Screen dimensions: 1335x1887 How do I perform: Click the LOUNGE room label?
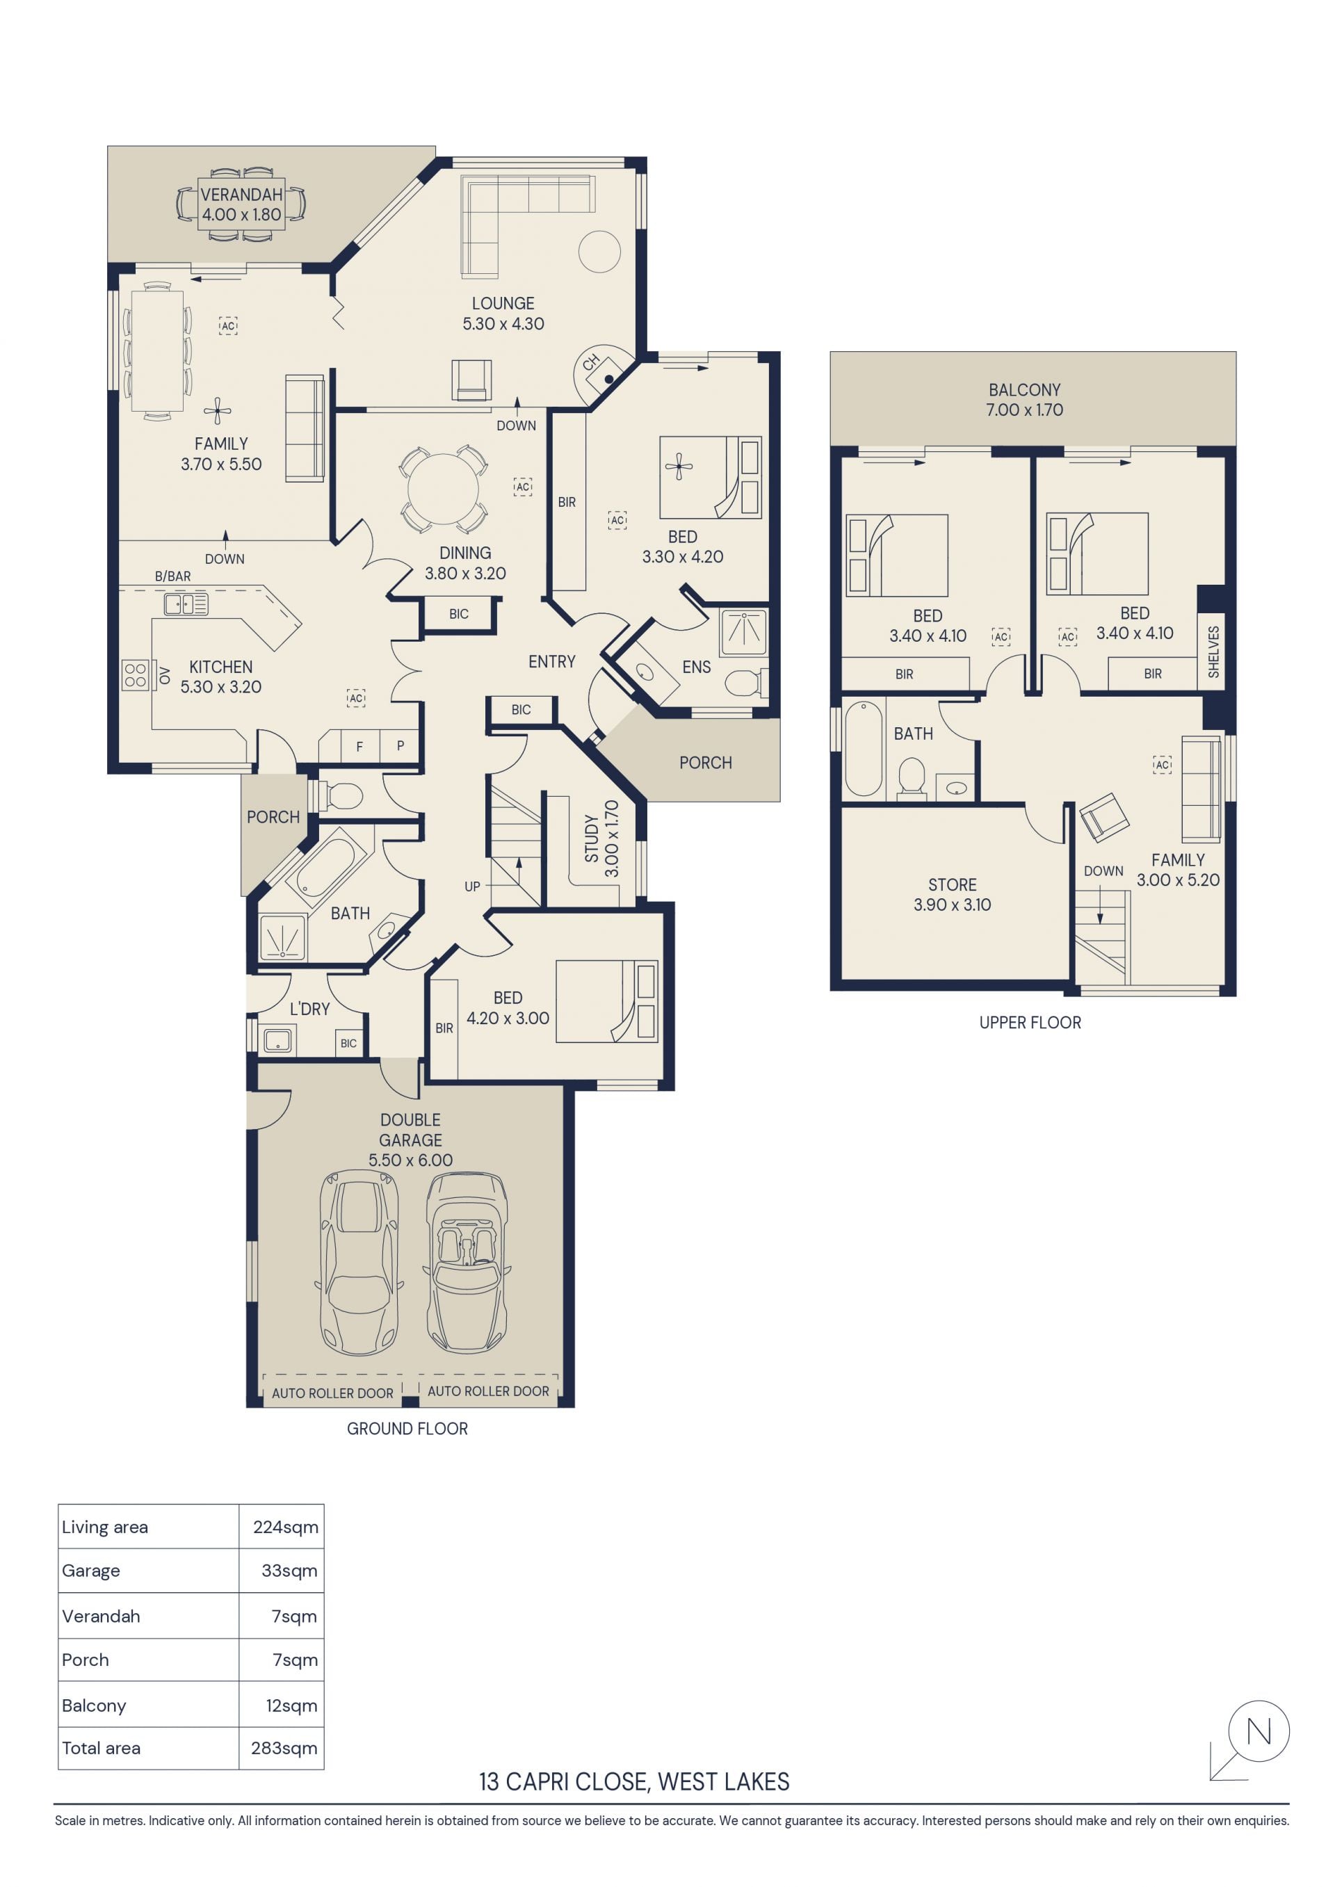click(x=503, y=303)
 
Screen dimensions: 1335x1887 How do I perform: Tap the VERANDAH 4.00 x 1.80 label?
click(x=242, y=204)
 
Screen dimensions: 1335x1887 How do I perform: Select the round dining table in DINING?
click(x=443, y=488)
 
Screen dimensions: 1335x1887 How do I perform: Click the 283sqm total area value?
click(x=284, y=1748)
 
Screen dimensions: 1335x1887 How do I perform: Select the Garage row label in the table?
click(x=90, y=1571)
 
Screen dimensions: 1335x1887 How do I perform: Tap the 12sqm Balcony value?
click(x=291, y=1706)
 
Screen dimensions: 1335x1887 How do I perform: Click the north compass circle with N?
click(x=1259, y=1731)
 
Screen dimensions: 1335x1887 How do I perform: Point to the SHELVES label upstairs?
click(x=1213, y=651)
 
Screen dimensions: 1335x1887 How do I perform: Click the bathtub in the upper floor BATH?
click(x=863, y=748)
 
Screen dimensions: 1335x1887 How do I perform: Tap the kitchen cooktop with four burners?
click(x=135, y=674)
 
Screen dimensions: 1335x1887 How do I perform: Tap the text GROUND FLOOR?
click(x=407, y=1428)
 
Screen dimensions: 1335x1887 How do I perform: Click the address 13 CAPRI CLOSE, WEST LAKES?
click(x=634, y=1781)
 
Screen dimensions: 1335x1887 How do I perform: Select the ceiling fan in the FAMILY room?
click(x=217, y=410)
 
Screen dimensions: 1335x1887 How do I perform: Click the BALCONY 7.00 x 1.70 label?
click(x=1024, y=399)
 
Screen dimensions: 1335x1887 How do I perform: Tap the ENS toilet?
click(x=745, y=682)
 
